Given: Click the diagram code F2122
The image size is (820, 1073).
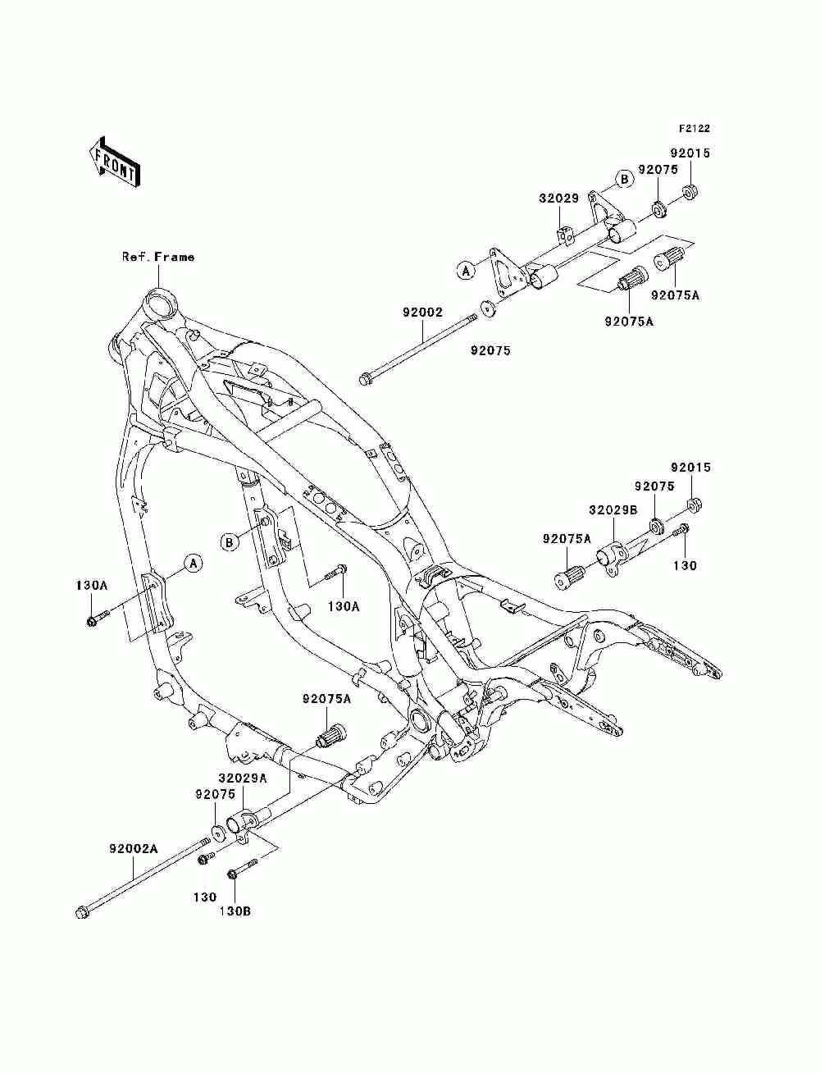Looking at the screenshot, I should (x=693, y=129).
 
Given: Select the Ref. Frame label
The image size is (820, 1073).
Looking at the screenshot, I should (x=158, y=257).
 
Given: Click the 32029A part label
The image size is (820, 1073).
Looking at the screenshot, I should (x=242, y=778).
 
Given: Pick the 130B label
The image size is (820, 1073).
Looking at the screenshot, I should (x=235, y=910).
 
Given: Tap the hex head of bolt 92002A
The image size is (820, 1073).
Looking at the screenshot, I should (x=82, y=911).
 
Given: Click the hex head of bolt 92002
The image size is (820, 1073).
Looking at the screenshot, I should (x=365, y=378).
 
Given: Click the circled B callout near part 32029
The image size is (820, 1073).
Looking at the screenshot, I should (x=623, y=179).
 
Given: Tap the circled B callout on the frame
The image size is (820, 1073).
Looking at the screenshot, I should (x=230, y=541).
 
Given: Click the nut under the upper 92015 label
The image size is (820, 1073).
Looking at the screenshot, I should (x=690, y=194).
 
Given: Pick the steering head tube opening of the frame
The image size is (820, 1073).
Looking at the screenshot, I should (x=159, y=301).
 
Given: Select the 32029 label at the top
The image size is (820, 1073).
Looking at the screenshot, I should (x=558, y=199).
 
